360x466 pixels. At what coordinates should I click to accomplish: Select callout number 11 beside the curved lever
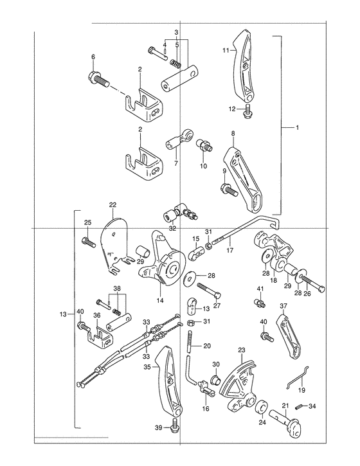226,51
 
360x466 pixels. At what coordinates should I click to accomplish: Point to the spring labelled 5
175,63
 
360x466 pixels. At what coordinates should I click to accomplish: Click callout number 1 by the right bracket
297,127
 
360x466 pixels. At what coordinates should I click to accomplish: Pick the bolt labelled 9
228,190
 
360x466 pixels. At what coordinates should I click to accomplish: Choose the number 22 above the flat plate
113,205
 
